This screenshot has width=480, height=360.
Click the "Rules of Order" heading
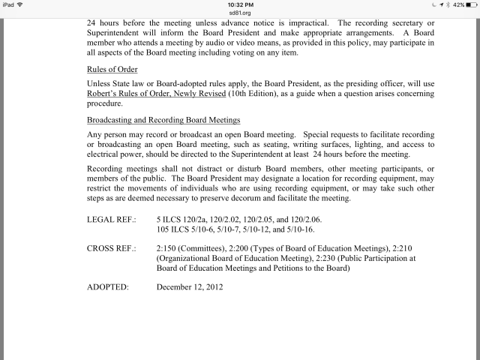112,69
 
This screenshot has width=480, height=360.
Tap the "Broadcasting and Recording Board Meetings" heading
163,121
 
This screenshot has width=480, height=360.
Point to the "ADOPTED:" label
109,286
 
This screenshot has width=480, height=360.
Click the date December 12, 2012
190,286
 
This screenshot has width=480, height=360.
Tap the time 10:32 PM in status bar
240,4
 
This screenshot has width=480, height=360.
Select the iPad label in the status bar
9,4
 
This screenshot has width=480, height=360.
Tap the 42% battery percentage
452,4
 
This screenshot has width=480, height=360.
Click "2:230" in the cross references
299,259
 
